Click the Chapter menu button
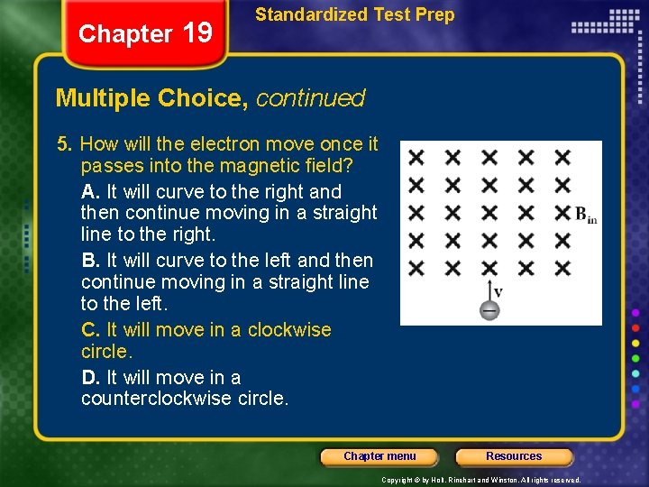(379, 456)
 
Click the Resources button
(514, 456)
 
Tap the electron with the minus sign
(489, 310)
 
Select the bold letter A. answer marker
(90, 192)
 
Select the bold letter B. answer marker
(90, 261)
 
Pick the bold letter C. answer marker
(90, 330)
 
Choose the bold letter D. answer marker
(90, 378)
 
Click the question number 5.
(63, 144)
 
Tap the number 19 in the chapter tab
(197, 33)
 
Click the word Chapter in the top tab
(125, 34)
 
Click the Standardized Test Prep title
(355, 14)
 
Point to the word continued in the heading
(311, 98)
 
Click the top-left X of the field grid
(416, 158)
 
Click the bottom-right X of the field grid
(562, 268)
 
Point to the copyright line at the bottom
(481, 480)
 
